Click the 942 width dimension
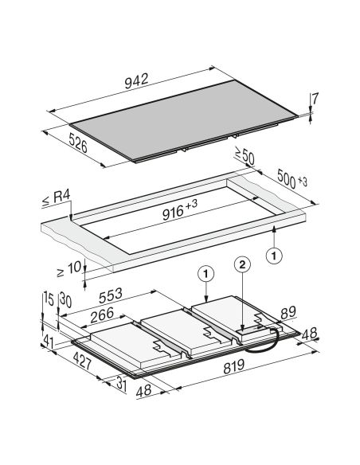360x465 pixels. pyautogui.click(x=136, y=81)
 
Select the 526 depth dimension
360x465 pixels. pyautogui.click(x=78, y=143)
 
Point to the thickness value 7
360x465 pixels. pyautogui.click(x=315, y=99)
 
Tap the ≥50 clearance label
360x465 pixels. pyautogui.click(x=245, y=155)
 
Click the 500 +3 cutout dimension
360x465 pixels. pyautogui.click(x=292, y=179)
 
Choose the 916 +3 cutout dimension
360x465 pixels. pyautogui.click(x=180, y=209)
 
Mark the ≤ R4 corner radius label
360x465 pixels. pyautogui.click(x=57, y=197)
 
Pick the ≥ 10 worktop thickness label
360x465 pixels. pyautogui.click(x=68, y=270)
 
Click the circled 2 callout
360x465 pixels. pyautogui.click(x=243, y=265)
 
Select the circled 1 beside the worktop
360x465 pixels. pyautogui.click(x=274, y=256)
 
